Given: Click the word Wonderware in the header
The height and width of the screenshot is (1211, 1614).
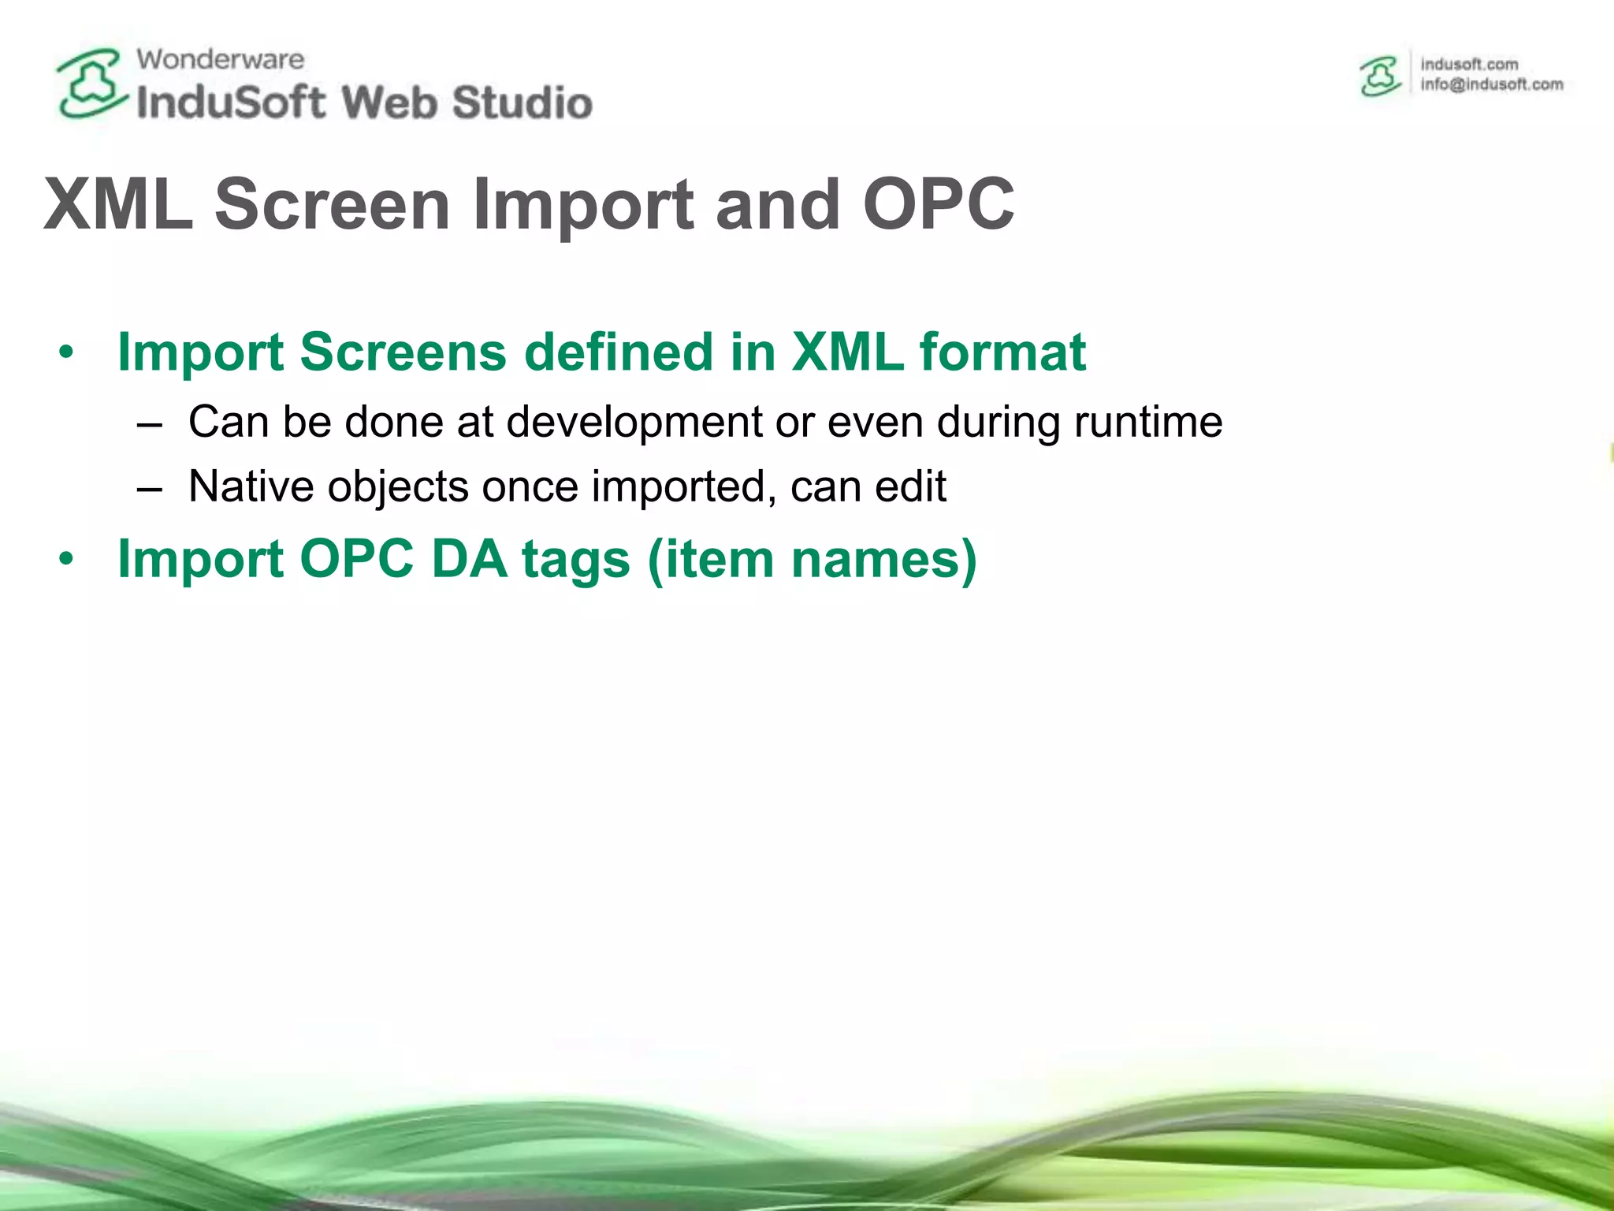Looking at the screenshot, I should point(220,59).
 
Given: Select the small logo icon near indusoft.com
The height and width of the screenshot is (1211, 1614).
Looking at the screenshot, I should point(1381,76).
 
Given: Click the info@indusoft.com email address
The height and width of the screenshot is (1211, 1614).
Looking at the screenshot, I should point(1491,84).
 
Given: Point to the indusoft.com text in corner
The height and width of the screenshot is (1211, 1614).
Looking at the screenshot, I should point(1469,64).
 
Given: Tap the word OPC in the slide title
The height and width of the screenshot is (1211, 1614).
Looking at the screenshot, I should point(938,204).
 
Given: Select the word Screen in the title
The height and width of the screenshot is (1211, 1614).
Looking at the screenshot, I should point(332,204).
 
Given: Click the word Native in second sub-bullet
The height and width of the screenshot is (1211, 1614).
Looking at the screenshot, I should point(251,486).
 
